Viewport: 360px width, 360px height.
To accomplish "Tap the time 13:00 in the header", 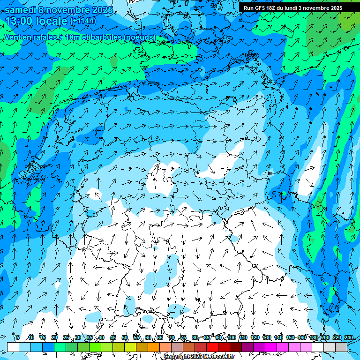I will [21, 21].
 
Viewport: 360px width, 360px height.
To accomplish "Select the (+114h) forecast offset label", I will [83, 21].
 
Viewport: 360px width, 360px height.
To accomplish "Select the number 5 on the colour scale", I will [18, 337].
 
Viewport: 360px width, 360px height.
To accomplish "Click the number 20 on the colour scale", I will [54, 337].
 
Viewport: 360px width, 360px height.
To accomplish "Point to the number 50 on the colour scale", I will [125, 337].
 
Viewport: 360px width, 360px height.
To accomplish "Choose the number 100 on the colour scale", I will [232, 337].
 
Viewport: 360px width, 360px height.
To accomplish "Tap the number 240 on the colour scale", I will [349, 337].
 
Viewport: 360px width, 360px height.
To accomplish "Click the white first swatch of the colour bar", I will [13, 347].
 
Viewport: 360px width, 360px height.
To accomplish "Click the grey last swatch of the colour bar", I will [341, 347].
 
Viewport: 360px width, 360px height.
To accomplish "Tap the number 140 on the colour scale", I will [278, 337].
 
